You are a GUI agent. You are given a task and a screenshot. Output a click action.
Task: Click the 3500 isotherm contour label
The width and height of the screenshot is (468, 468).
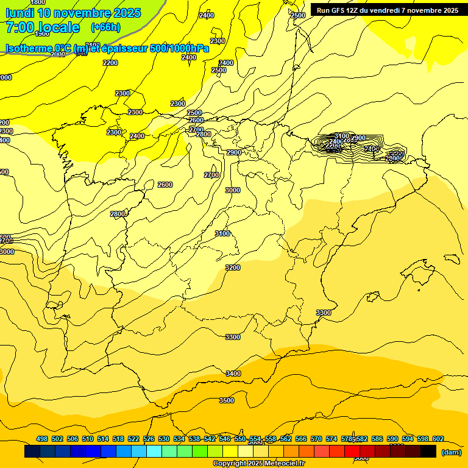(227, 400)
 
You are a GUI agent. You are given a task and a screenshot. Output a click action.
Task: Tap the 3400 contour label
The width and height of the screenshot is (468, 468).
(233, 374)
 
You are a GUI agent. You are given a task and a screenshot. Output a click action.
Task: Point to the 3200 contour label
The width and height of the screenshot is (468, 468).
(233, 268)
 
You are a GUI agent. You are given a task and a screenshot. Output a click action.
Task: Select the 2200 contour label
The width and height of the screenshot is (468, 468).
(110, 63)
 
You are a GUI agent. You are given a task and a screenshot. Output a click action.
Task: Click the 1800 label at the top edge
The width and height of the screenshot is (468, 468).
(38, 2)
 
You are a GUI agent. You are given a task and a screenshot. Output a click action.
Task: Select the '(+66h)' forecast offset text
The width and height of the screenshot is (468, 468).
(105, 27)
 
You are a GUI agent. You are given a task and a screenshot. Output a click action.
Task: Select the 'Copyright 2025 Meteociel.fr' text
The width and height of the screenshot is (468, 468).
(259, 464)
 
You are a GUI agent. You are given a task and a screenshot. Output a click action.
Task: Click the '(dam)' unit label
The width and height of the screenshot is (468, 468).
(450, 452)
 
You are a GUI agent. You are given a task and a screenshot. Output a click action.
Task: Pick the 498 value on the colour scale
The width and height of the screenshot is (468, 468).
(42, 439)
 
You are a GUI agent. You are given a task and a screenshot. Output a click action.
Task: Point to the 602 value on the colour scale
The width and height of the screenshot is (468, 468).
(438, 439)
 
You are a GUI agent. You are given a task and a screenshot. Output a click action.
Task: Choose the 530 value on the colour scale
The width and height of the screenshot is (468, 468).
(164, 439)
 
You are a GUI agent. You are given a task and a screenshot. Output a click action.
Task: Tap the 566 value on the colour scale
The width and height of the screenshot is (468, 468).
(301, 439)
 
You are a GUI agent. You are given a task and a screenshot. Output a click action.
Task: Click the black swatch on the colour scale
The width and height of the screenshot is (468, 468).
(428, 452)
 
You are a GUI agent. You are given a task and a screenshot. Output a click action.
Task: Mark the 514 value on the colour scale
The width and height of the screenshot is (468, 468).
(103, 439)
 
